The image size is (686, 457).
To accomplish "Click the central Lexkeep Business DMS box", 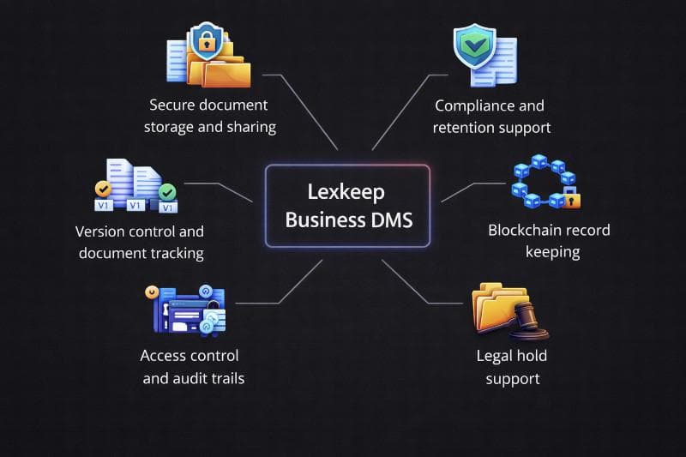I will [x=347, y=206].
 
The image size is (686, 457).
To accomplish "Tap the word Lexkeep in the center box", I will [x=347, y=193].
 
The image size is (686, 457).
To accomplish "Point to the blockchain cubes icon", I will [x=542, y=183].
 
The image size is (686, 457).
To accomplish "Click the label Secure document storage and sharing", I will [x=208, y=116].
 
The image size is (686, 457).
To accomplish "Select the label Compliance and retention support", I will [x=490, y=117].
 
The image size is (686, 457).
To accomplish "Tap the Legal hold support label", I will [x=511, y=367].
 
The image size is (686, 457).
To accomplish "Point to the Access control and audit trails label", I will [x=190, y=366].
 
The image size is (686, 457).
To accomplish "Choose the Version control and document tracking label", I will [x=140, y=243].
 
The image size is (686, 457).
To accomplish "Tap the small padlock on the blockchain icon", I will [x=572, y=201].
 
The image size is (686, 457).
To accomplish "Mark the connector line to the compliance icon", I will [x=399, y=112].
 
